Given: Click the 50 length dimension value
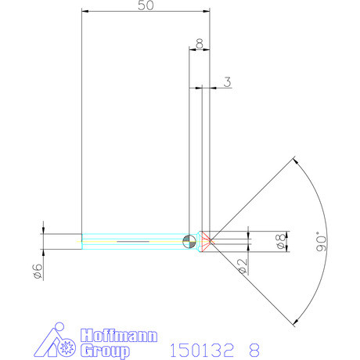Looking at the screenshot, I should click(145, 5).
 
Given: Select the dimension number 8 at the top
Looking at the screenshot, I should click(200, 45).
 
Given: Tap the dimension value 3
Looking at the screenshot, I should click(226, 81).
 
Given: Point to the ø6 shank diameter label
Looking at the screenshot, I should click(36, 270).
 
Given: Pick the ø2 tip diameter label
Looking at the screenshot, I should click(242, 266).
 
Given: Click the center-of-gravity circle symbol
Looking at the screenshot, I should click(188, 241).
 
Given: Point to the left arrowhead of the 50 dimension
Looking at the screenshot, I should click(85, 12).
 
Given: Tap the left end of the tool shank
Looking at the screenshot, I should click(82, 241).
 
